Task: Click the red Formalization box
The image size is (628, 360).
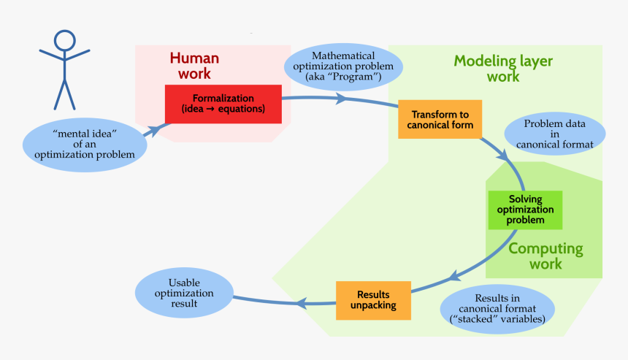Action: (223, 104)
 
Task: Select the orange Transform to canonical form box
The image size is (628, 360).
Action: (440, 119)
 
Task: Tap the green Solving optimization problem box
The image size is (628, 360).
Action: (525, 210)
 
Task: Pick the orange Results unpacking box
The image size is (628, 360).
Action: (372, 299)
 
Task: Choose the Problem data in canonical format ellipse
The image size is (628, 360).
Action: (555, 134)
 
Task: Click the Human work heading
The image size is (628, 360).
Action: (194, 66)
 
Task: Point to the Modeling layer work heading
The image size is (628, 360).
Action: (503, 68)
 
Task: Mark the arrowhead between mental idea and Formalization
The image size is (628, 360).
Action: (156, 129)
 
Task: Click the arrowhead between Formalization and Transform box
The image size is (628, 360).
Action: (341, 99)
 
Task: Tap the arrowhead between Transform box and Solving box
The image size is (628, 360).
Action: (502, 155)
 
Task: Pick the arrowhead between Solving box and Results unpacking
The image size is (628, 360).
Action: (455, 276)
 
